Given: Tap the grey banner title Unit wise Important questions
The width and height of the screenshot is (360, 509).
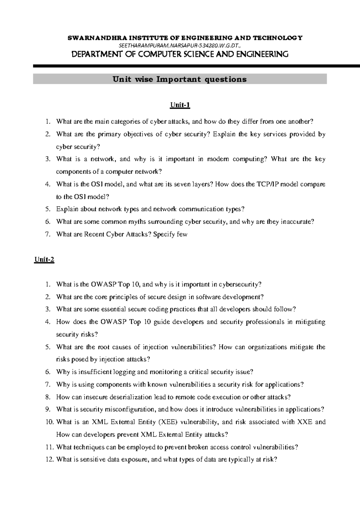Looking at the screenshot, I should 179,79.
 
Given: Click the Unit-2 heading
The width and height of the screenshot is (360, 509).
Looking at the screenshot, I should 44,260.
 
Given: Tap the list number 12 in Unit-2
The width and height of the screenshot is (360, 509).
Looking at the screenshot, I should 49,460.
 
